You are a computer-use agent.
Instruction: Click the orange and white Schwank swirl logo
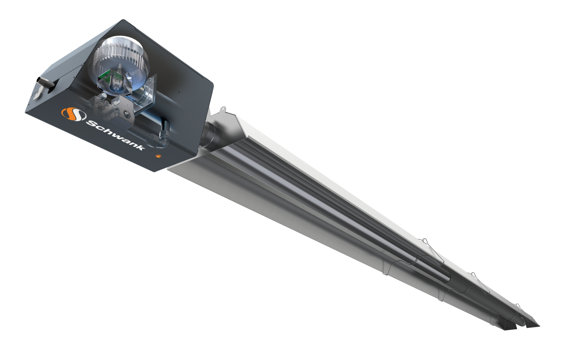point(69,114)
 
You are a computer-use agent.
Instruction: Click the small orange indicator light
point(158,157)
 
